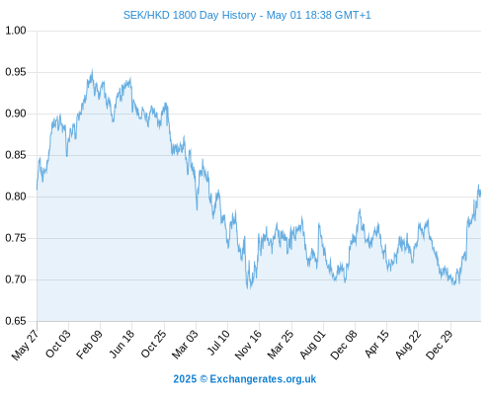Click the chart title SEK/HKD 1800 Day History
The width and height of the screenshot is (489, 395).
point(190,15)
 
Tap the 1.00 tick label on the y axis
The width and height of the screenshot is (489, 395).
point(16,31)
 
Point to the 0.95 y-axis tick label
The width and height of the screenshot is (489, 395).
point(16,72)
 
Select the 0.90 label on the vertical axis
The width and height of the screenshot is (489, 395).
point(16,114)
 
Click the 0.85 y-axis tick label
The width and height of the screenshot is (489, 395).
point(16,155)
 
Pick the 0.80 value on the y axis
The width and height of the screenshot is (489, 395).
point(16,197)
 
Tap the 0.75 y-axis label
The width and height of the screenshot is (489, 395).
point(16,238)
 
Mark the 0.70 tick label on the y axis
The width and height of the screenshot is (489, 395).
point(16,279)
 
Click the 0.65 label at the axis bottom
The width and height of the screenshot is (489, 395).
point(16,321)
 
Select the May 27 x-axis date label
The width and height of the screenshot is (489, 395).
point(25,345)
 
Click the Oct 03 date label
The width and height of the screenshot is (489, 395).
point(57,344)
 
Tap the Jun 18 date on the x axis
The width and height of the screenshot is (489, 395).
point(122,344)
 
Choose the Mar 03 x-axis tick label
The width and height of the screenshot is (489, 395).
point(185,345)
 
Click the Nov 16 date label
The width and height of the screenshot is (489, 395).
point(248,345)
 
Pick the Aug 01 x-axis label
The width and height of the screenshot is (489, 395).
point(312,345)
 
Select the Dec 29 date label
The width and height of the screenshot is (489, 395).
point(440,345)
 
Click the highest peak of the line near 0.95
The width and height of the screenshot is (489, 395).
point(92,70)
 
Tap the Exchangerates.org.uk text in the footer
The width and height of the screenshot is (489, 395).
point(263,379)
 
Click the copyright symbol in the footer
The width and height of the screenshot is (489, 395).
point(204,379)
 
